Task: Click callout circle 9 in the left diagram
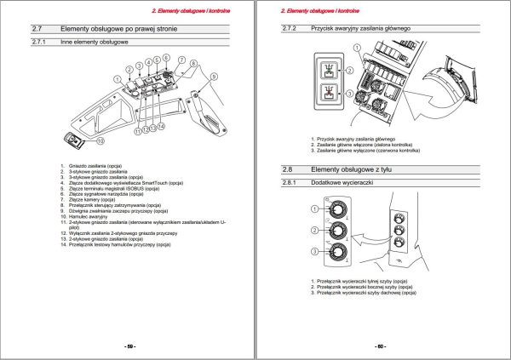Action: [x=213, y=77]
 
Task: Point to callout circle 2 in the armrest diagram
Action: [x=129, y=68]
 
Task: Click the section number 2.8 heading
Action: [x=288, y=169]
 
